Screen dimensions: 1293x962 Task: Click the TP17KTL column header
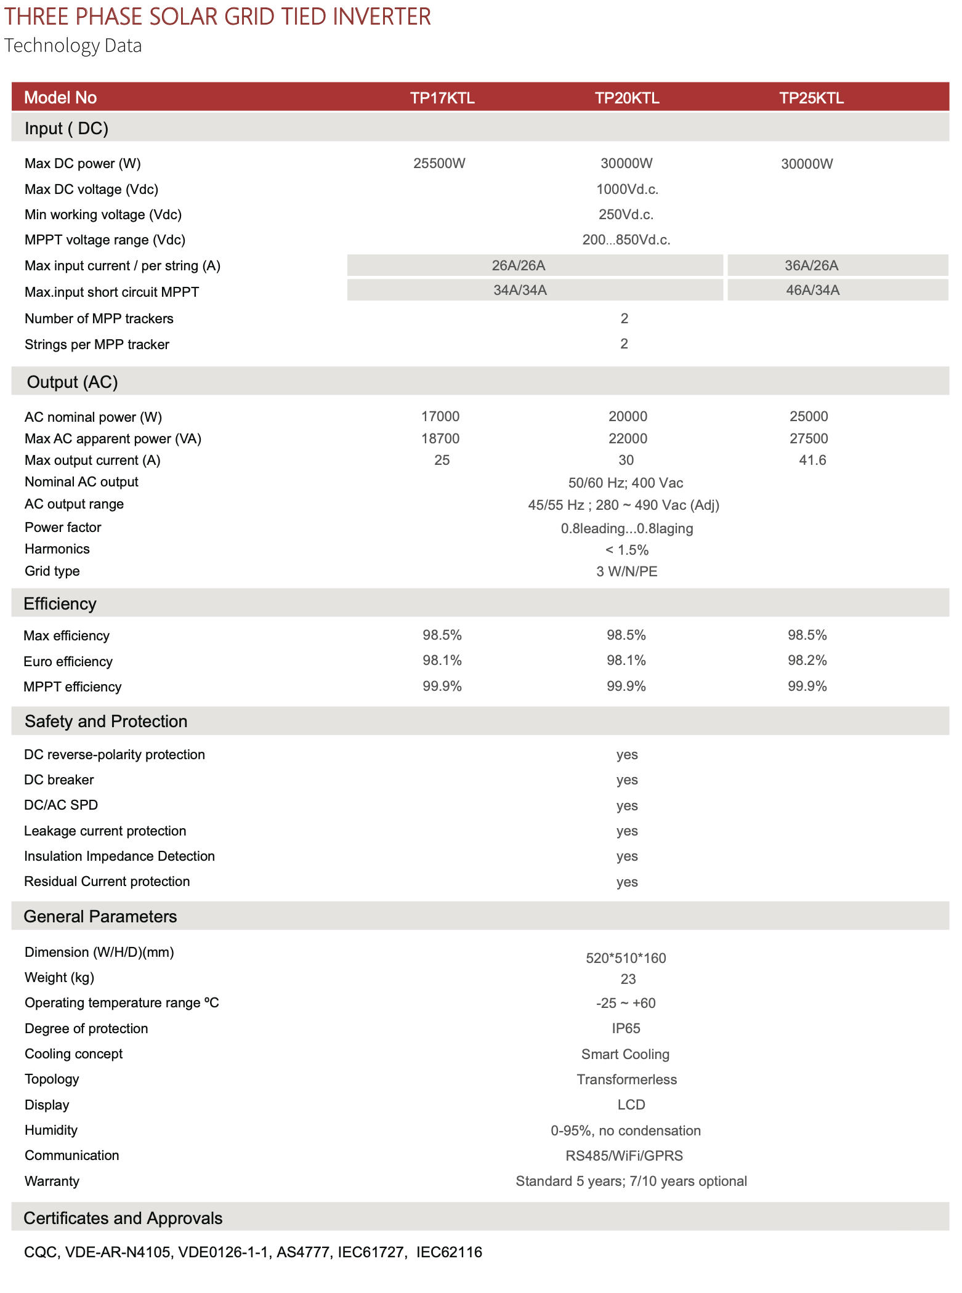coord(442,98)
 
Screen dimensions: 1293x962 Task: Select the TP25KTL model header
coord(811,98)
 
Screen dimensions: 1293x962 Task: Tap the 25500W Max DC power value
coord(439,163)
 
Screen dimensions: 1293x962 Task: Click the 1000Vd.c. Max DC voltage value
coord(627,189)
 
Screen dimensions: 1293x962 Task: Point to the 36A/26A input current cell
coord(811,265)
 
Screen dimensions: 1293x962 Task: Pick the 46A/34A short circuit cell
coord(812,290)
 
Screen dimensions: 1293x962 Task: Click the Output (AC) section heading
coord(72,382)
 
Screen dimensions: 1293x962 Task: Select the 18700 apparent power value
coord(440,438)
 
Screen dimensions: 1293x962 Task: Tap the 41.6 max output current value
coord(812,460)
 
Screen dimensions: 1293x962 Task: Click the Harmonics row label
coord(57,549)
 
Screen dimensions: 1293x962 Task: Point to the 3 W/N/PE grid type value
coord(626,571)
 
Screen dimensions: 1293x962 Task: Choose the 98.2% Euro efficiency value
coord(807,660)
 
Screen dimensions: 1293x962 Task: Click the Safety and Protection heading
coord(106,721)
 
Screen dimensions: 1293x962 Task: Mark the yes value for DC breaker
coord(627,779)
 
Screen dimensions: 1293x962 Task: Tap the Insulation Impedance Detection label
coord(119,856)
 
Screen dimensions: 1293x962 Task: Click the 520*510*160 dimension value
coord(626,958)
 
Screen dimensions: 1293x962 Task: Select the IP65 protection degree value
coord(626,1028)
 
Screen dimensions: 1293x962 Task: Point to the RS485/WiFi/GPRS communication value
coord(624,1156)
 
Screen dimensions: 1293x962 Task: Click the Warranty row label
coord(52,1181)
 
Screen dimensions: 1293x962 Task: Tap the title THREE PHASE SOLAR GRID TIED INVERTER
coord(217,17)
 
